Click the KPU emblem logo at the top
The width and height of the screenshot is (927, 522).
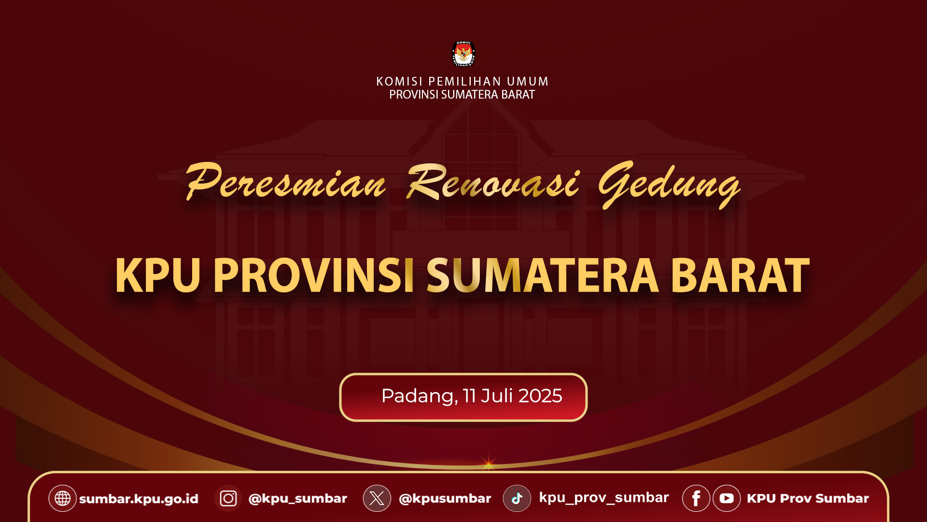pos(463,53)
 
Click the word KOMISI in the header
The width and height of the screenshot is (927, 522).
pos(399,81)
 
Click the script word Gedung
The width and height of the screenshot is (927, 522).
pos(669,184)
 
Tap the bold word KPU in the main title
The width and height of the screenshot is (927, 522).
pos(157,275)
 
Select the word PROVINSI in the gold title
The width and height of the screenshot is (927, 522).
pos(313,275)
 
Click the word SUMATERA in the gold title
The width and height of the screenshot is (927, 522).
pos(542,275)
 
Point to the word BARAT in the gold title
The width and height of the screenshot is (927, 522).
pos(740,275)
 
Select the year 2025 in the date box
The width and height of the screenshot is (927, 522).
pos(540,396)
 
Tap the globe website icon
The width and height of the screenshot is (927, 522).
pos(62,498)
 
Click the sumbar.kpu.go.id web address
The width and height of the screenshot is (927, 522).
pos(139,499)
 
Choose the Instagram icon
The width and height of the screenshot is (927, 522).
pos(228,498)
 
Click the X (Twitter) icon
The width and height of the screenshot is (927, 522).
pos(377,498)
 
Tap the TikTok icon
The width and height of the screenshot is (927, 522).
pos(517,498)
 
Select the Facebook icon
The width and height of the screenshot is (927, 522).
pos(696,498)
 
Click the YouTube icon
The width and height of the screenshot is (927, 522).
pos(727,498)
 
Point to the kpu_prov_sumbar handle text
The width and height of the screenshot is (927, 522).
pos(604,498)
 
